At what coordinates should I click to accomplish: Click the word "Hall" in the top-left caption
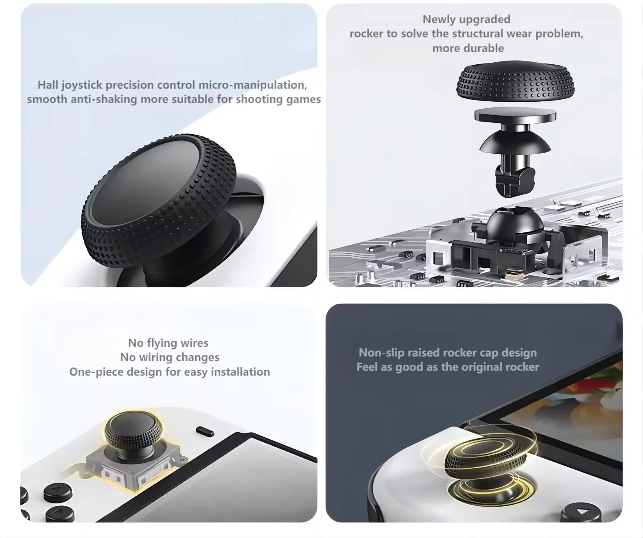[x=48, y=85]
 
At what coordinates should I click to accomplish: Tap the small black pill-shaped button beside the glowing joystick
[x=205, y=431]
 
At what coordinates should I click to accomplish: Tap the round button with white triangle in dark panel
[x=581, y=512]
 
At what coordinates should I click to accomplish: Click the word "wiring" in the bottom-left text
[x=155, y=358]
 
